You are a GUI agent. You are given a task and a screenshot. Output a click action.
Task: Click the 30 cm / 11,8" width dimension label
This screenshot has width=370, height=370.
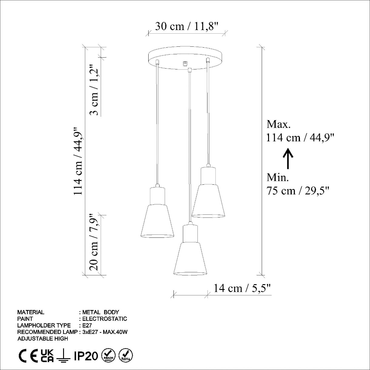pyautogui.click(x=187, y=26)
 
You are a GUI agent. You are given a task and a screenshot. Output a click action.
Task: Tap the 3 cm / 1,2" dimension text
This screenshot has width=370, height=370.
pyautogui.click(x=94, y=90)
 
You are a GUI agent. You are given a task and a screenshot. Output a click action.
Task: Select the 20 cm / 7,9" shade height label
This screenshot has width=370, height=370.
pyautogui.click(x=94, y=242)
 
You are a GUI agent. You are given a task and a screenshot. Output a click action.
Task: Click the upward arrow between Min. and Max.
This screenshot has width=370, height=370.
pyautogui.click(x=288, y=158)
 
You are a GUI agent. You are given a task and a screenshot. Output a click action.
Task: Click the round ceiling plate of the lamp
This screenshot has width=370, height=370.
pyautogui.click(x=185, y=58)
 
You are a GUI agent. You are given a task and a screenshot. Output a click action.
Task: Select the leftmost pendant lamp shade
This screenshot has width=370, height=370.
pyautogui.click(x=157, y=221)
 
